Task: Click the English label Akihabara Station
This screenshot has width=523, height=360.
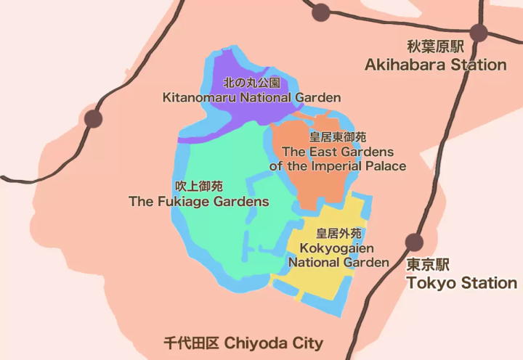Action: pos(435,65)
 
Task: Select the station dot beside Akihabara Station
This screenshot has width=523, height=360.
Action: pos(478,32)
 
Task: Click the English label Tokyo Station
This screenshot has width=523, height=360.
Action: pos(461,283)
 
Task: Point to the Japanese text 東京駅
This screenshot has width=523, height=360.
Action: pos(428,265)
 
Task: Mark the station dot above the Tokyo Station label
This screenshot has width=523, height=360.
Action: pos(415,242)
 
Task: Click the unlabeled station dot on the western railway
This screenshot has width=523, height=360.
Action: pos(93,119)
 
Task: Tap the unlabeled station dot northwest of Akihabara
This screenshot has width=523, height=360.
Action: pos(320,12)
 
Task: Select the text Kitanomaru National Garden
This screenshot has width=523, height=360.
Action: pos(251,97)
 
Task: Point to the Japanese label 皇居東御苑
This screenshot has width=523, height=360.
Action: pos(338,137)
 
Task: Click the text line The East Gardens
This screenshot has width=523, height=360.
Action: pos(338,152)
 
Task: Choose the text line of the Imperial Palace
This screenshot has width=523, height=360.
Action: pos(338,166)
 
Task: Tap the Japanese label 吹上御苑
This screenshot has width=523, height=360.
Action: pos(198,186)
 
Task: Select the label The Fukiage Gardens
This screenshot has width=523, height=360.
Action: pos(198,202)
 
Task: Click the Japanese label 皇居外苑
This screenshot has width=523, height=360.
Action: pos(338,234)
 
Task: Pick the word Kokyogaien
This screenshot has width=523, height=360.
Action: pos(338,248)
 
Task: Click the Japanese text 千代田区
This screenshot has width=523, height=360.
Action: pos(190,343)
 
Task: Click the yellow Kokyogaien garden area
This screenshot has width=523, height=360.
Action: pos(320,279)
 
